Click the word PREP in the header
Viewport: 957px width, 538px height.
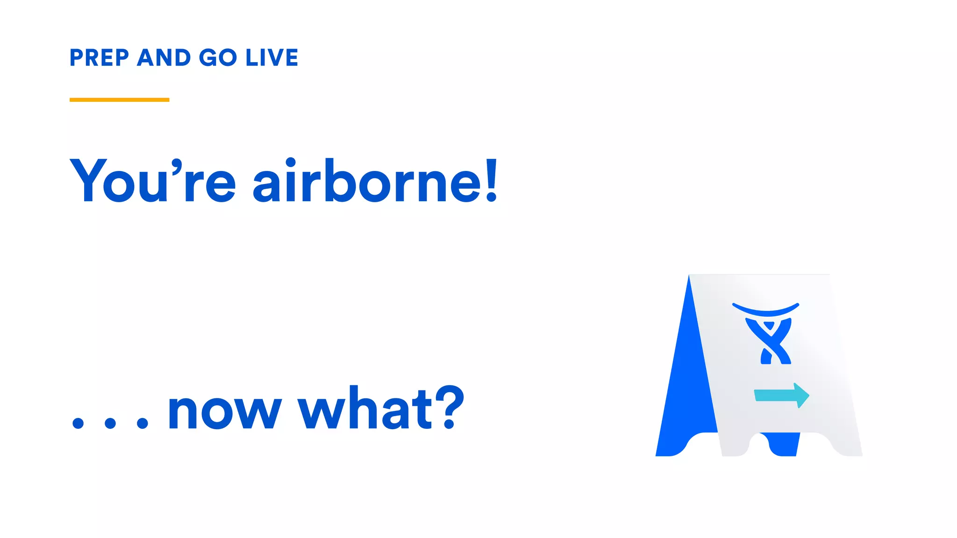click(x=99, y=58)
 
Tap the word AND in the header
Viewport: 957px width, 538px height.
click(x=164, y=58)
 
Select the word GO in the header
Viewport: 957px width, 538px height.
click(x=218, y=58)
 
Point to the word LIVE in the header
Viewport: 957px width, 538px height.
click(x=272, y=58)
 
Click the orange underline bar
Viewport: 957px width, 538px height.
click(x=119, y=99)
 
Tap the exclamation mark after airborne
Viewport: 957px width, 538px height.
click(x=491, y=180)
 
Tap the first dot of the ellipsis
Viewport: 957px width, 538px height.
click(x=78, y=423)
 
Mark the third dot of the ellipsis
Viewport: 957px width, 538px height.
click(x=142, y=423)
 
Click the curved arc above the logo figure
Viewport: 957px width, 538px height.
click(x=765, y=309)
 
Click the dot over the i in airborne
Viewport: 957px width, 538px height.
click(x=291, y=163)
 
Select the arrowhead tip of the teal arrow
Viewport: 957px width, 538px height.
click(x=807, y=396)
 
